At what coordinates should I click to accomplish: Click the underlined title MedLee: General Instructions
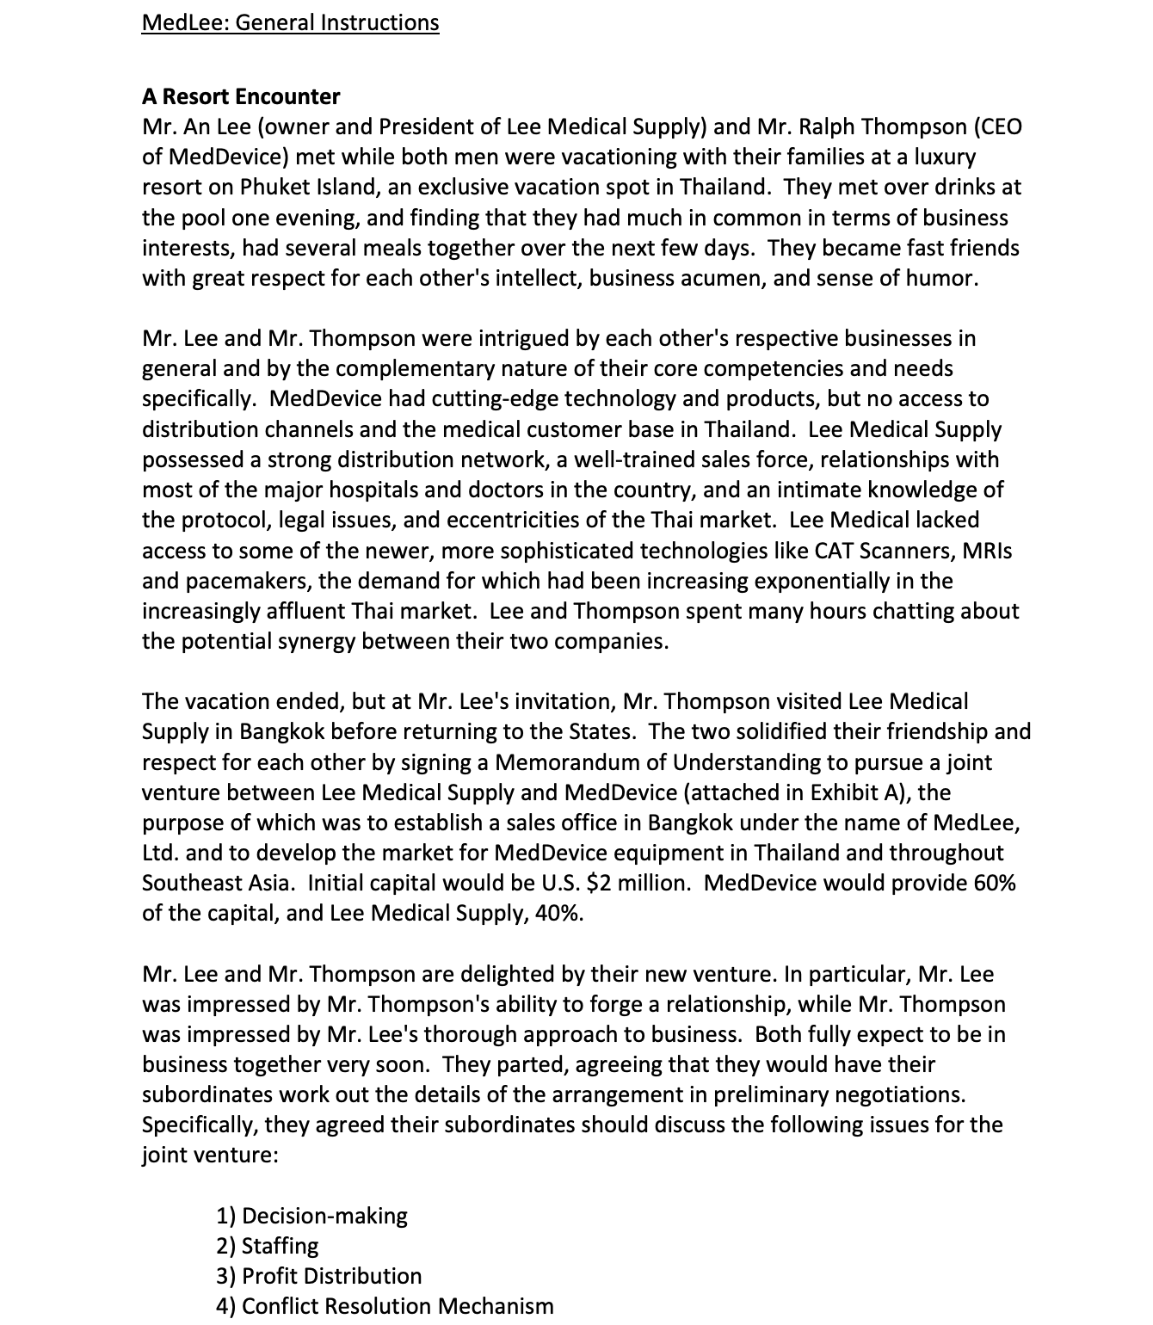pos(290,22)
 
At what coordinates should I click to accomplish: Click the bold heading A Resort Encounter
pos(241,96)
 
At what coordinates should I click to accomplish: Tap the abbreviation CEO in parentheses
pos(998,126)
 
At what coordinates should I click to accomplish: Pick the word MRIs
pos(987,550)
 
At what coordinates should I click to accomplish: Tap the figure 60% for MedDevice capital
pos(995,883)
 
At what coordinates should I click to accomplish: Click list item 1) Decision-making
pos(311,1216)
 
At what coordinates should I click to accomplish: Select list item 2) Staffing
pos(267,1246)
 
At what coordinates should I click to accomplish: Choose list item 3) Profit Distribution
pos(318,1276)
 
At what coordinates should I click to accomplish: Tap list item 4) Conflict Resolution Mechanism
pos(385,1306)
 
